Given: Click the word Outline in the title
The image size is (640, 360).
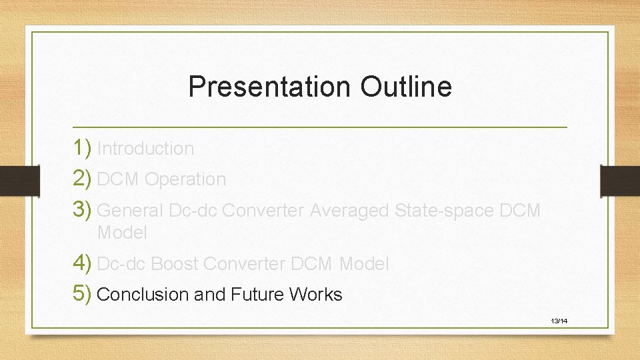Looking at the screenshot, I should point(406,87).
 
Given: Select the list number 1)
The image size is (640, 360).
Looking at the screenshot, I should point(83,148).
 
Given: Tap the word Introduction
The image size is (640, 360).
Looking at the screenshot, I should point(145,149).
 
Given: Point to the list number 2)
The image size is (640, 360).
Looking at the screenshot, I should point(83,179).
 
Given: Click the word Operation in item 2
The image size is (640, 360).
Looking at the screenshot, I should point(185,179).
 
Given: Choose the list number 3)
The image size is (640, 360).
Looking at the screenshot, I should point(83,210).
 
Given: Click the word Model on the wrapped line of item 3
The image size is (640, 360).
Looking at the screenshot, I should point(122,233).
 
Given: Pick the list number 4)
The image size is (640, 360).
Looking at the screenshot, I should point(83,263).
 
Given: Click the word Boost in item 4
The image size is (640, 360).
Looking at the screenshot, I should point(175,264).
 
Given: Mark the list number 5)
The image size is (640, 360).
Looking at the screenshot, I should point(83,294).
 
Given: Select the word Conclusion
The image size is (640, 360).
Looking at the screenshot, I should point(143,295).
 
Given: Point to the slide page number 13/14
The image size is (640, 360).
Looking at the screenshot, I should point(559,321).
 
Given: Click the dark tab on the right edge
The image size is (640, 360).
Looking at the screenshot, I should point(620,181).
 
